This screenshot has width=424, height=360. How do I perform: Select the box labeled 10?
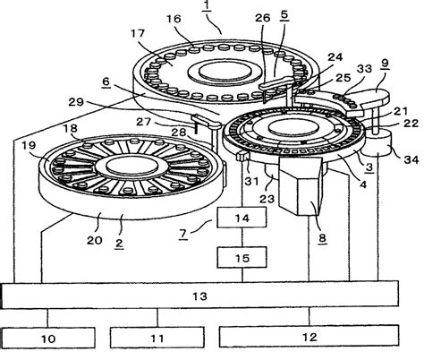(49, 339)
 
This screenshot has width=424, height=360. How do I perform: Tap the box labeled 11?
(158, 339)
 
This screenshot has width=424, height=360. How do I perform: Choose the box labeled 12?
(309, 339)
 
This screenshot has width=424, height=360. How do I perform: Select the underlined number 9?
(384, 65)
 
